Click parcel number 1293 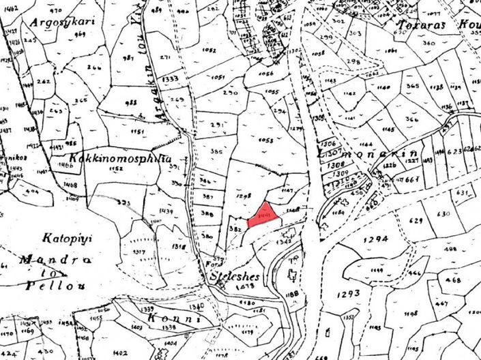[x=348, y=293]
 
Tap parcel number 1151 [x=137, y=132]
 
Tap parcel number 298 [x=353, y=61]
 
